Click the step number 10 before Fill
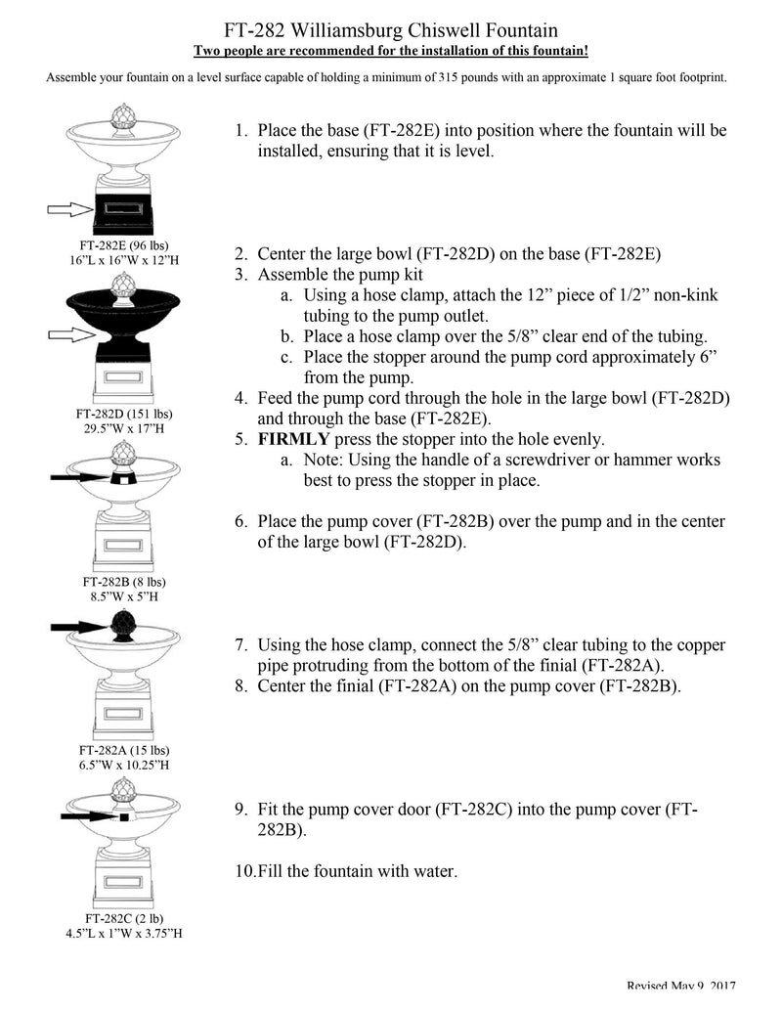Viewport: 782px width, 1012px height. (244, 871)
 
